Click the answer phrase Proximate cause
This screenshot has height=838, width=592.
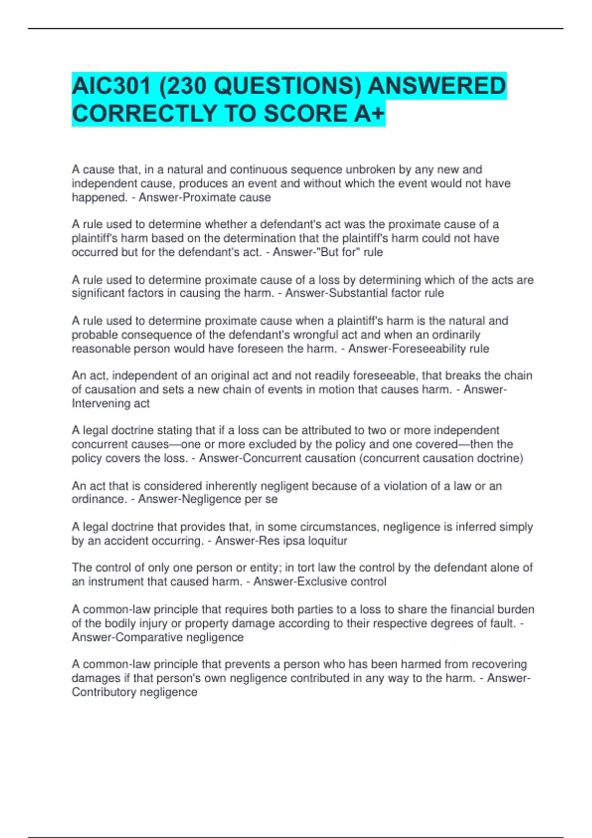tap(227, 198)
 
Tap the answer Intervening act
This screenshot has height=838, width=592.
tap(111, 404)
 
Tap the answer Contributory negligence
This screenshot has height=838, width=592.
tap(134, 692)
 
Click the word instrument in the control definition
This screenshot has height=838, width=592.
tap(116, 582)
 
